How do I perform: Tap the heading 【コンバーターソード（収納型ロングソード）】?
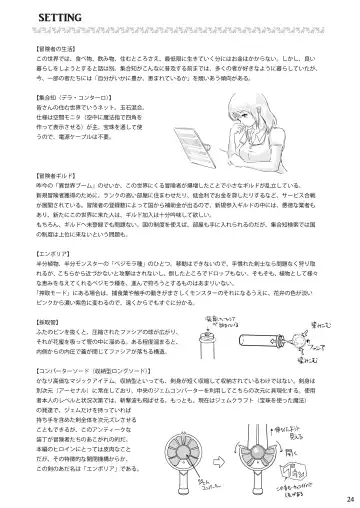(x=96, y=387)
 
